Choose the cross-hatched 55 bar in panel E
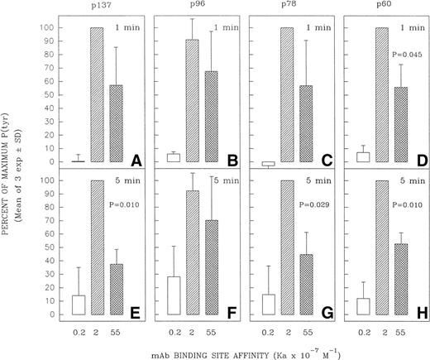click(x=122, y=289)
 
